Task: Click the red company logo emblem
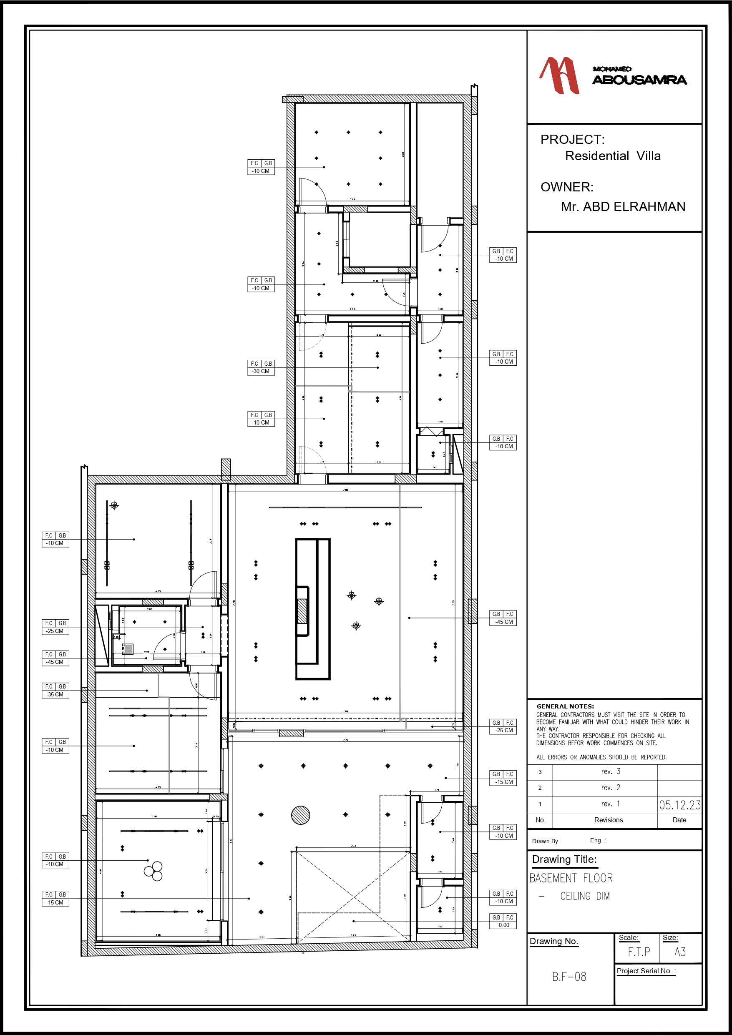click(x=559, y=75)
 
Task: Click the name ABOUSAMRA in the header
click(x=639, y=80)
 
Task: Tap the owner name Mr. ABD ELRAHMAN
click(x=623, y=207)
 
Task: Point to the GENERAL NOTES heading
click(x=565, y=706)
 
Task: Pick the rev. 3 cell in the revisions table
click(x=610, y=772)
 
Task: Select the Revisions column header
click(x=608, y=820)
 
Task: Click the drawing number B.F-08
click(x=569, y=976)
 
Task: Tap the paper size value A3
click(x=680, y=952)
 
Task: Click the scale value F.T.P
click(x=639, y=952)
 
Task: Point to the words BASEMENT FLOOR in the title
click(x=571, y=878)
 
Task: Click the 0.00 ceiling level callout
click(x=503, y=925)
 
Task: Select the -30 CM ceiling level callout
click(x=261, y=372)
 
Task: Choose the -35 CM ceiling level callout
click(x=55, y=695)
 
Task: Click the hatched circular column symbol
click(x=300, y=815)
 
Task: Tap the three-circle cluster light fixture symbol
click(x=153, y=871)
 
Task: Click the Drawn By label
click(x=545, y=841)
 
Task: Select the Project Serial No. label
click(x=645, y=971)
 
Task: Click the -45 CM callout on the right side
click(x=503, y=622)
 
